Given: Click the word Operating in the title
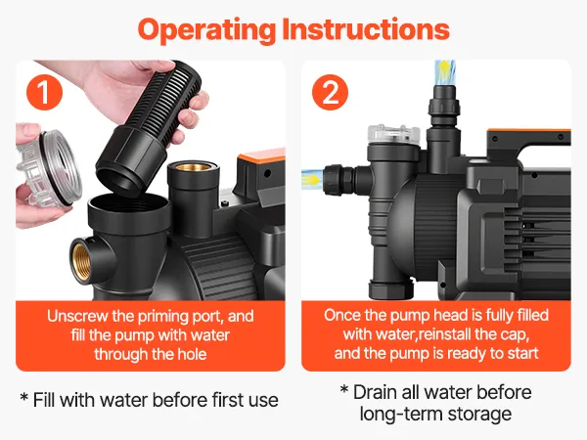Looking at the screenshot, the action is click(206, 30).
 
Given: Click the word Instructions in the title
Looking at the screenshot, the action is click(366, 29).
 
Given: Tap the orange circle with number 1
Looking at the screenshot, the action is click(44, 92).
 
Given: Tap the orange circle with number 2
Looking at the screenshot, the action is click(331, 92).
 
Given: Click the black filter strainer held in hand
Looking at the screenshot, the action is click(150, 127).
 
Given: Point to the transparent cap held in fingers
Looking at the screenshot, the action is click(49, 168).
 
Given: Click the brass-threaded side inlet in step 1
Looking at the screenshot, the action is click(81, 261).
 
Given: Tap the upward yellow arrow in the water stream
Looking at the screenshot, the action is click(444, 70).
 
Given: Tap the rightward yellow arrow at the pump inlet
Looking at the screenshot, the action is click(312, 179).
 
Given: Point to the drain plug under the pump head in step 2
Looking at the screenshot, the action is click(390, 286).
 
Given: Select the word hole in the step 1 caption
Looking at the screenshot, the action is click(192, 354).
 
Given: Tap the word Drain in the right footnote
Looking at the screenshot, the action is click(375, 392).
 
